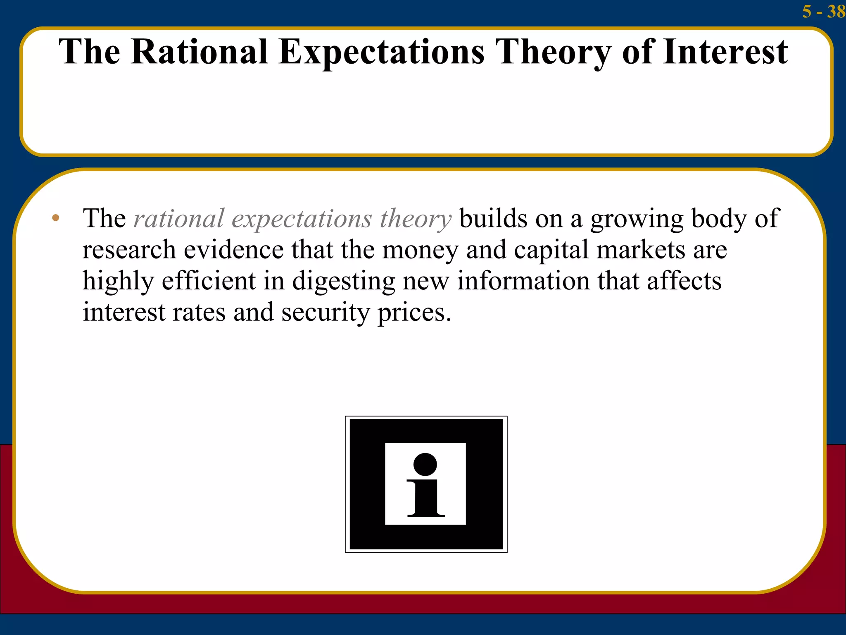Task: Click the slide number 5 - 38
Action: [x=823, y=11]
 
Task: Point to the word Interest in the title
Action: [x=725, y=52]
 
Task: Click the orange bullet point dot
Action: [x=56, y=218]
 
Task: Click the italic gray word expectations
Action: [x=302, y=220]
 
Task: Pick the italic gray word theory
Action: [x=416, y=220]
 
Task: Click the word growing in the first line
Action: [x=637, y=220]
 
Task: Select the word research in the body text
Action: [x=129, y=250]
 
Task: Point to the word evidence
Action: [x=233, y=250]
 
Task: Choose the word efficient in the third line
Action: [x=209, y=281]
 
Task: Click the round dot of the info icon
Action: [x=425, y=464]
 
